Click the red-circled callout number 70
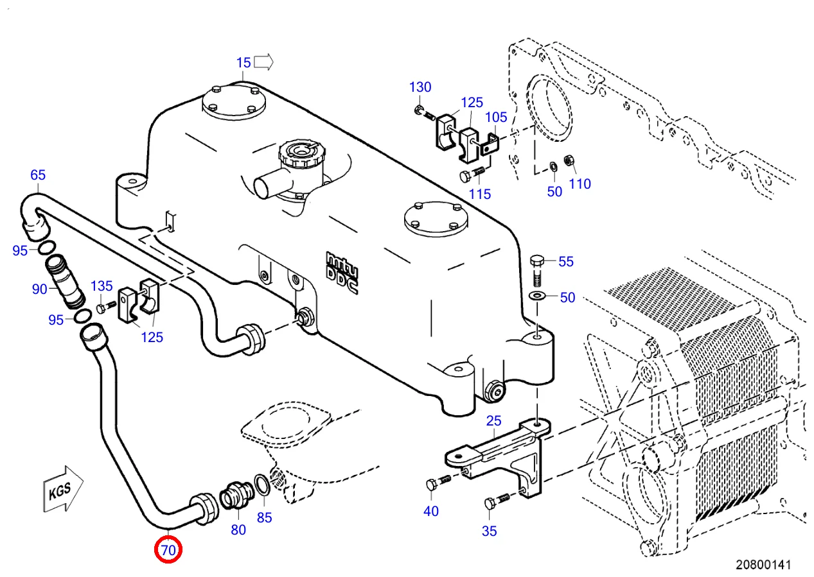pos(168,550)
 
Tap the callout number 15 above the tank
pos(243,63)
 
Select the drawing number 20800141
pos(763,565)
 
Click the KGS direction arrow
pos(63,489)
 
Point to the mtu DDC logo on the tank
pos(342,272)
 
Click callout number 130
pos(420,87)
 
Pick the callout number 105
pos(496,117)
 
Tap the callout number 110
pos(580,184)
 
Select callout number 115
pos(480,194)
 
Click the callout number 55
pos(566,261)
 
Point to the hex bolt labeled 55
pos(537,271)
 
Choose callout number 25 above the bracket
pos(493,421)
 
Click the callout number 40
pos(431,512)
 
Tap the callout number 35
pos(489,531)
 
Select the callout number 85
pos(264,518)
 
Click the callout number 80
pos(238,530)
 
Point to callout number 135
pos(102,286)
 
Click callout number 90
pos(40,289)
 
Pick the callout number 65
pos(38,175)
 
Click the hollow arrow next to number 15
pos(263,62)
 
